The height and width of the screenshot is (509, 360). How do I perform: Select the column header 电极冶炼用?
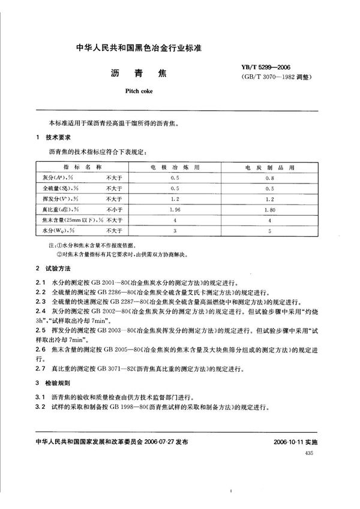[x=176, y=167]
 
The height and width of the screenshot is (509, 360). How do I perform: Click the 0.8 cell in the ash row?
[x=270, y=177]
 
